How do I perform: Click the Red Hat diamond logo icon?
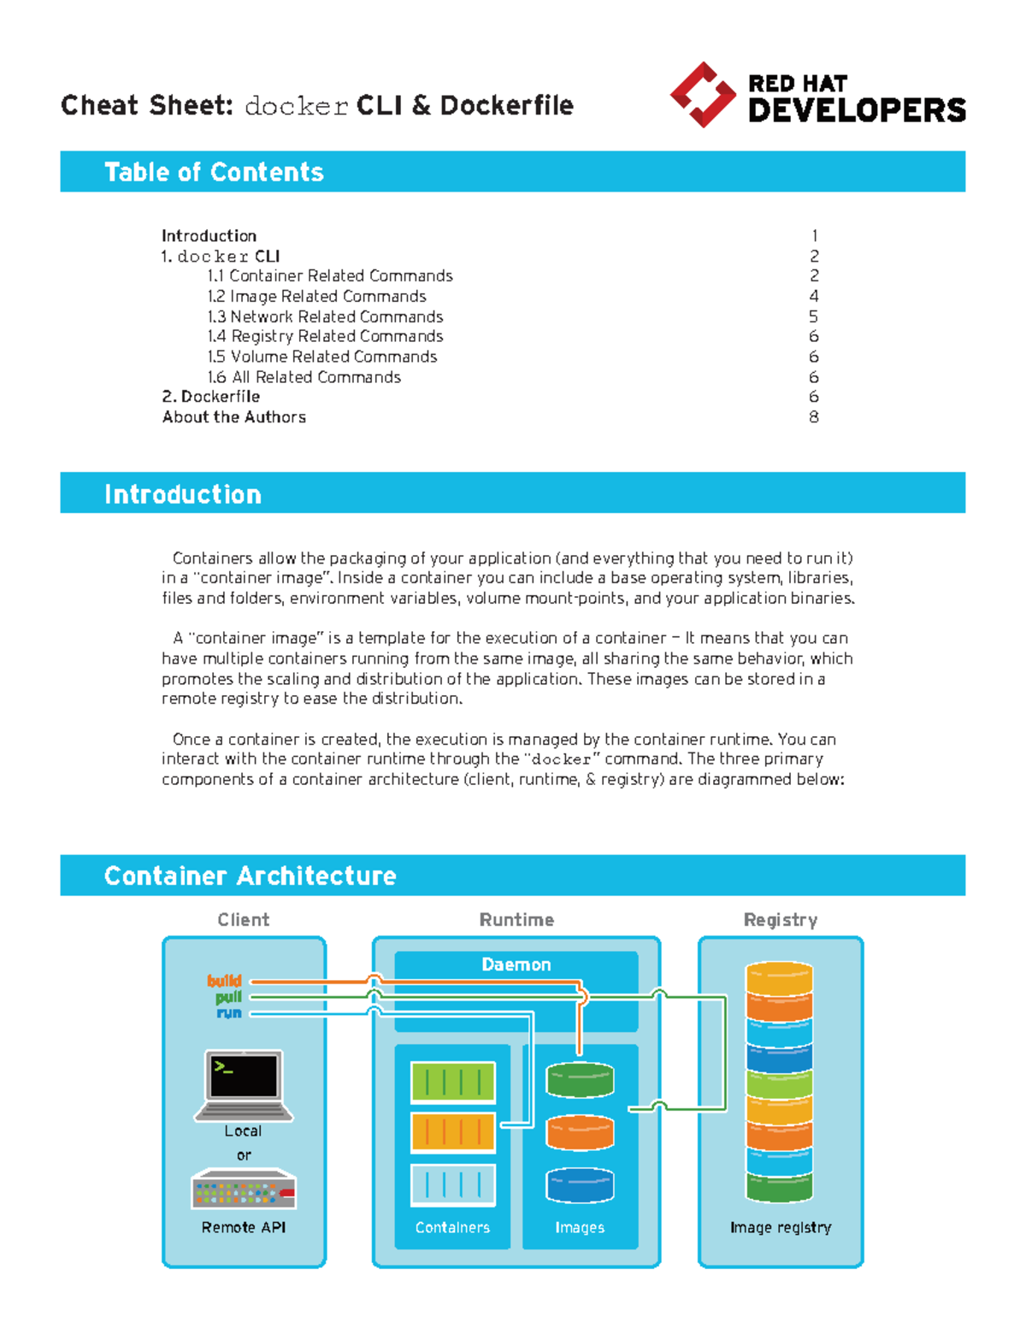(702, 95)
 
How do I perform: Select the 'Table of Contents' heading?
(214, 172)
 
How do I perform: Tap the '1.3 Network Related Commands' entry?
(325, 316)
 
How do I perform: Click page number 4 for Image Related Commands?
(814, 296)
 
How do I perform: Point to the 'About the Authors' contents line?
(234, 417)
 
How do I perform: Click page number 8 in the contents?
(814, 417)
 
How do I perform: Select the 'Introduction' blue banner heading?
(183, 494)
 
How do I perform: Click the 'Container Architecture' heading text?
(250, 876)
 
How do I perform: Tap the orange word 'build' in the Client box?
(224, 981)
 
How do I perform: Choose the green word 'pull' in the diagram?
(228, 997)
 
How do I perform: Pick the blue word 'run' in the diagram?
(229, 1013)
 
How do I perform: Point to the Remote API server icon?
(244, 1189)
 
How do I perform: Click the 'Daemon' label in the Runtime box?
(516, 965)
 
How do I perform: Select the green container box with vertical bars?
(452, 1083)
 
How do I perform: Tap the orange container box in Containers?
(452, 1132)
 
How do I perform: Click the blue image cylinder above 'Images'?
(580, 1185)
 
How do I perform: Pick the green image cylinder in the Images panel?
(580, 1080)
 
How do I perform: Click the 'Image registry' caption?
(780, 1227)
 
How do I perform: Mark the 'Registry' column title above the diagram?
(780, 920)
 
